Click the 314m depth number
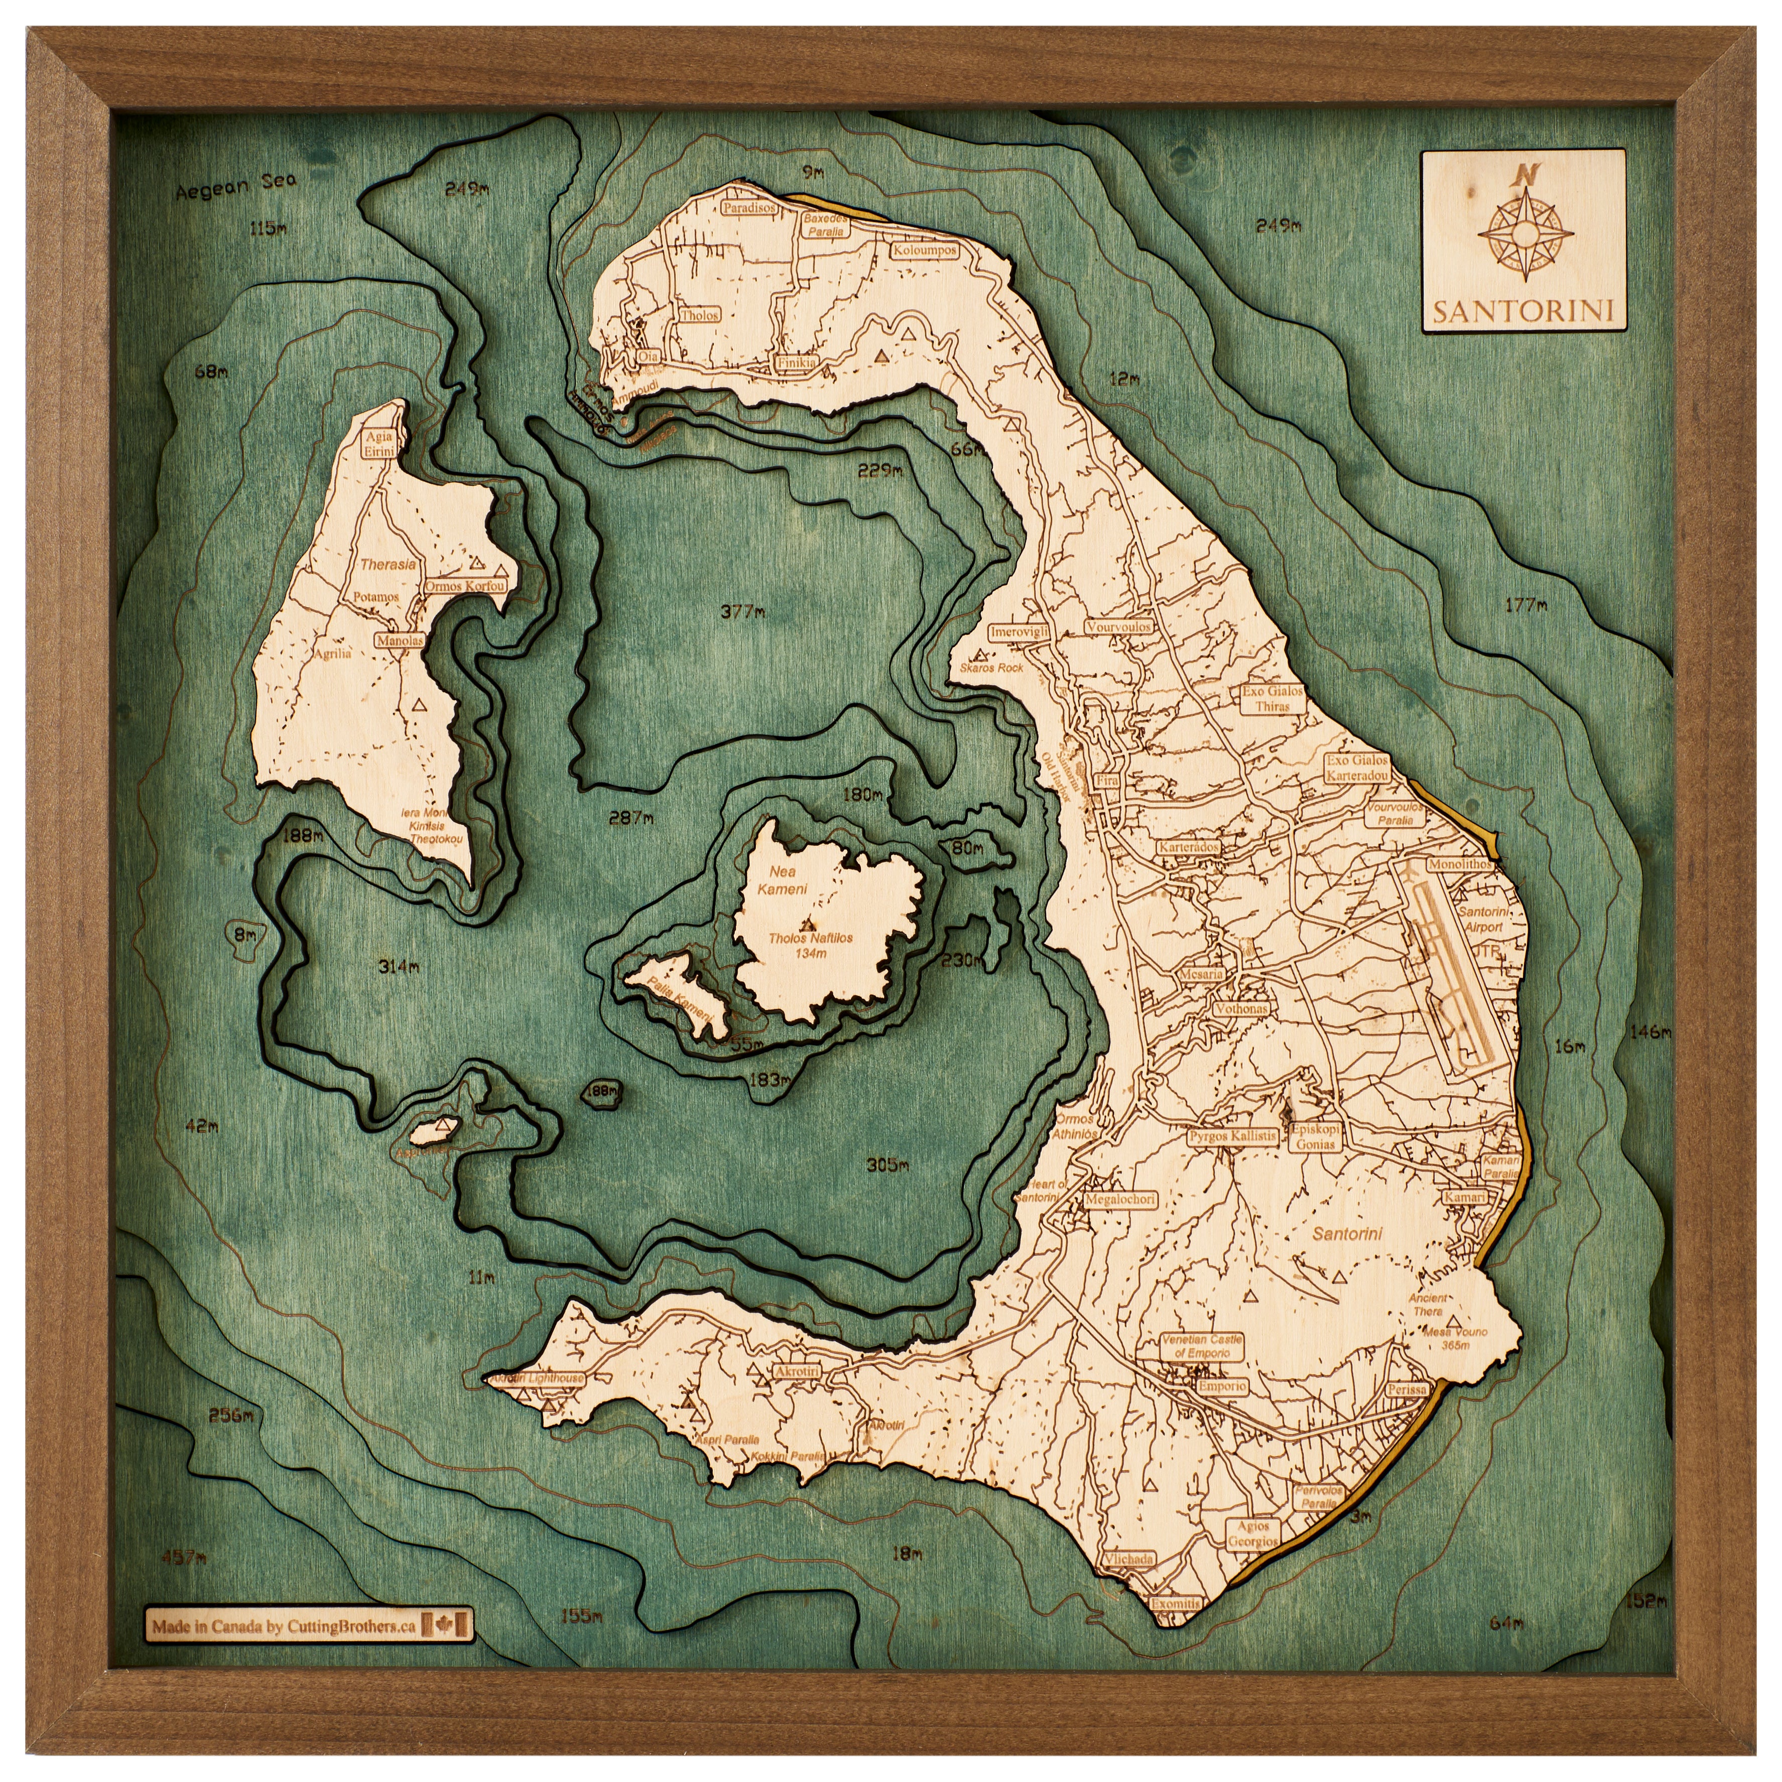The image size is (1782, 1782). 399,967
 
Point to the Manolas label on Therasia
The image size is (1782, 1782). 400,639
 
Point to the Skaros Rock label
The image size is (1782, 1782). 990,667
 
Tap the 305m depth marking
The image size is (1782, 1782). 888,1165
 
